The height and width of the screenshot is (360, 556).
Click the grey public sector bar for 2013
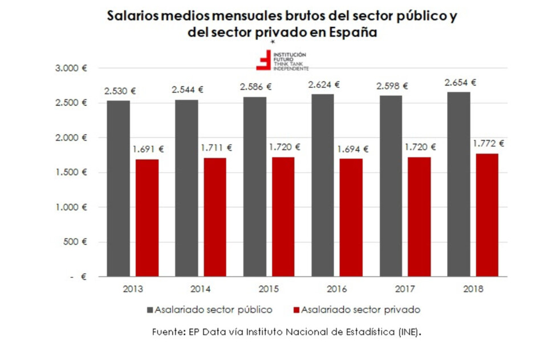pyautogui.click(x=119, y=189)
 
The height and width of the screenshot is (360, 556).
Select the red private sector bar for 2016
pyautogui.click(x=351, y=217)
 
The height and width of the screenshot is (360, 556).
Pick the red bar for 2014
pyautogui.click(x=215, y=217)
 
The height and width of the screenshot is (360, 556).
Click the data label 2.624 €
pyautogui.click(x=324, y=85)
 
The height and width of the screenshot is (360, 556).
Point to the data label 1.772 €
pyautogui.click(x=489, y=144)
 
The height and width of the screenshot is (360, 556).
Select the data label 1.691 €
pyautogui.click(x=148, y=149)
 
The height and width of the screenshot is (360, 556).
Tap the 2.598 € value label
pyautogui.click(x=392, y=86)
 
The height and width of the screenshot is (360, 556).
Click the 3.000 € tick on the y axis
pyautogui.click(x=71, y=68)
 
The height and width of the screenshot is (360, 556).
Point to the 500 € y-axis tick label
pyautogui.click(x=75, y=242)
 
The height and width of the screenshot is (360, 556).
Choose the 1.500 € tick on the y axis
pyautogui.click(x=71, y=172)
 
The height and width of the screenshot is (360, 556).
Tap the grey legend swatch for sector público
pyautogui.click(x=151, y=310)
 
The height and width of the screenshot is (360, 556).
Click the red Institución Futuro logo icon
pyautogui.click(x=264, y=60)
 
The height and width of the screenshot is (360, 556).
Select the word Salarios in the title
pyautogui.click(x=133, y=16)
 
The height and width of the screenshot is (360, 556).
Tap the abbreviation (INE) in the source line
pyautogui.click(x=408, y=332)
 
